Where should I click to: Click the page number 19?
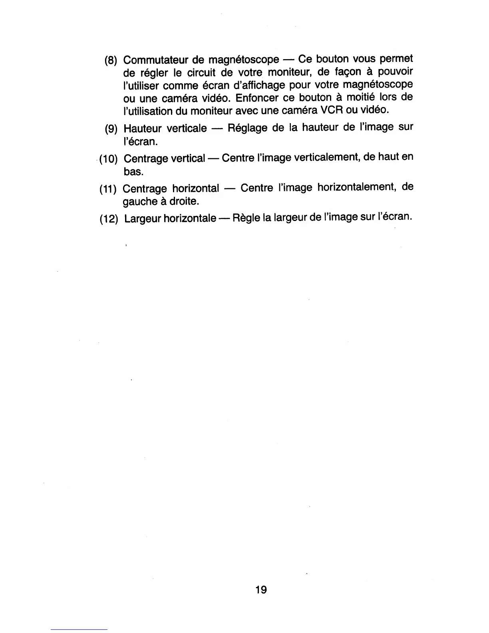[261, 589]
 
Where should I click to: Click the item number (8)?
[111, 61]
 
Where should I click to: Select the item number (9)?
[111, 129]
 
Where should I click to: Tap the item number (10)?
[108, 159]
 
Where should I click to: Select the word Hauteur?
[142, 129]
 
